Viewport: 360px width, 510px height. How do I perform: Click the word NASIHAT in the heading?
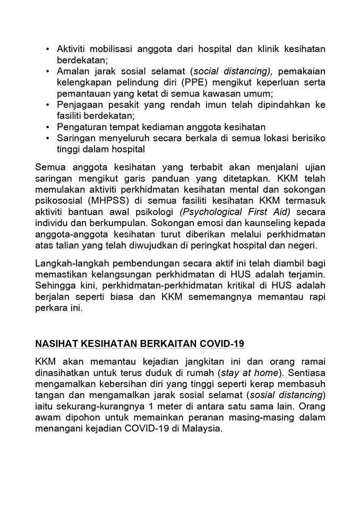pos(56,343)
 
